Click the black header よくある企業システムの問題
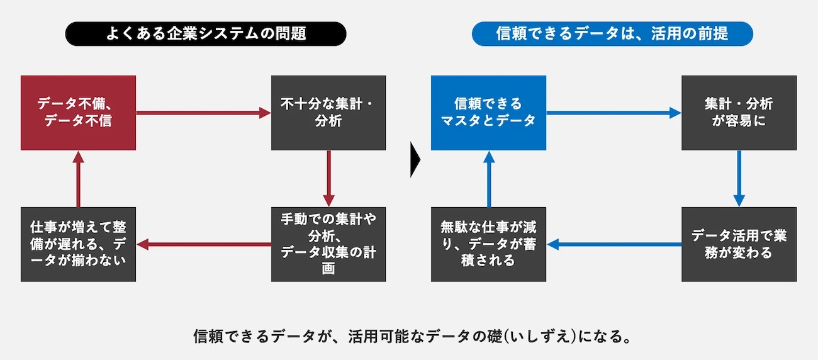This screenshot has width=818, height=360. click(x=206, y=34)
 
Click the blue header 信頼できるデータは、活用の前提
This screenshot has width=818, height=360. click(x=612, y=34)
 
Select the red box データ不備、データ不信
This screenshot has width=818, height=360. click(x=78, y=113)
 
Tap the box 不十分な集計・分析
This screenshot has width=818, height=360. click(x=328, y=113)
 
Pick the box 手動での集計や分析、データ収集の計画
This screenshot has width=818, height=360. click(x=328, y=244)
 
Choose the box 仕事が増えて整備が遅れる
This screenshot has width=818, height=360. click(x=78, y=244)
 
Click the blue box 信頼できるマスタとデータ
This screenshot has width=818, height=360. click(x=489, y=113)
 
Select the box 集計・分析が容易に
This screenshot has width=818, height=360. click(x=739, y=113)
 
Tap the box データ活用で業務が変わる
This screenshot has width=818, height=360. click(x=739, y=244)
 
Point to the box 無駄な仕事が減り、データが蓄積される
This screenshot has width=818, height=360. click(x=489, y=244)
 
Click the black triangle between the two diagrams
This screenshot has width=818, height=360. click(x=415, y=160)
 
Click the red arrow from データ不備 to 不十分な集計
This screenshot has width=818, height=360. click(x=203, y=113)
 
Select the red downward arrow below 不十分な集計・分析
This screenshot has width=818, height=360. click(x=328, y=179)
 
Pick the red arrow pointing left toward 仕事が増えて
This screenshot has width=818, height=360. click(x=203, y=244)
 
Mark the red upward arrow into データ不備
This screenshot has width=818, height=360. click(x=78, y=179)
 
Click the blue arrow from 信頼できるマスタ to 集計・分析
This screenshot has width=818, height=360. click(x=614, y=113)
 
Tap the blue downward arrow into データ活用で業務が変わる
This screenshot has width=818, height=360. click(x=739, y=179)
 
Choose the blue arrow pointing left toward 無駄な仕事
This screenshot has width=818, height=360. click(x=614, y=244)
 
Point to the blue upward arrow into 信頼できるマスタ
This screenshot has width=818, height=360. click(x=489, y=179)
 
